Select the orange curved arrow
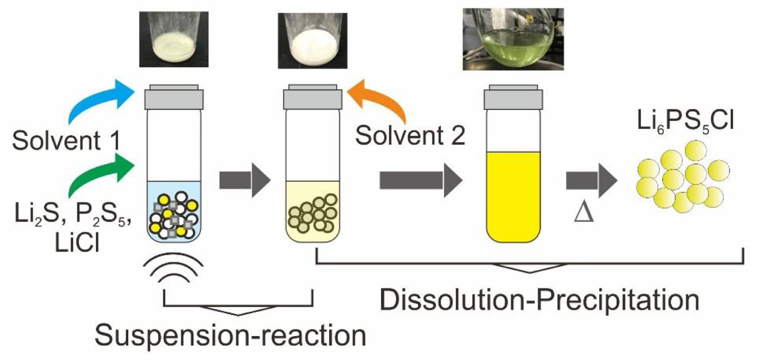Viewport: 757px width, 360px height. coord(381,101)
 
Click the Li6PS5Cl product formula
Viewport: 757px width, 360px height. coord(685,122)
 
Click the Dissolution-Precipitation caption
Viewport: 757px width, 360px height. coord(539,300)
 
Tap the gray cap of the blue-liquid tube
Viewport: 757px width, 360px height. coord(174,98)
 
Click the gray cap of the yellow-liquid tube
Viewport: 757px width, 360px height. coord(513,98)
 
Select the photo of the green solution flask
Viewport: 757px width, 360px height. coord(513,39)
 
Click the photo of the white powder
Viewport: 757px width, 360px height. coord(313,40)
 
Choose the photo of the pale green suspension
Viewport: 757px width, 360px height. coord(174,39)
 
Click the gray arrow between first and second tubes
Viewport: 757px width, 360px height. coord(245,180)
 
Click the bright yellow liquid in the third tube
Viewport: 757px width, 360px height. coord(513,196)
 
